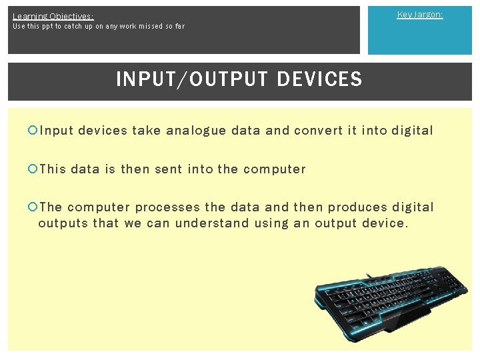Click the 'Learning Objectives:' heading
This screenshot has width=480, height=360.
point(53,16)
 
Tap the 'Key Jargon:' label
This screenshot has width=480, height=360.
point(419,15)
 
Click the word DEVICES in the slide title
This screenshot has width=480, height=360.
point(319,79)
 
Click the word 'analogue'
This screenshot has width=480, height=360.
point(196,131)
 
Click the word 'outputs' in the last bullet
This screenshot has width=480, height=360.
point(63,223)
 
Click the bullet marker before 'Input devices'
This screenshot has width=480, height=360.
point(33,131)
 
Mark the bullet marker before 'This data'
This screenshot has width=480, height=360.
point(33,169)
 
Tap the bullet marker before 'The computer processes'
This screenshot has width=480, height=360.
point(33,207)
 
